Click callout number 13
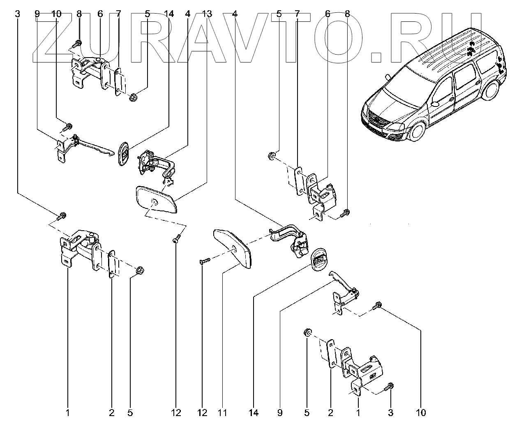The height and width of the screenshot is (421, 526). [207, 14]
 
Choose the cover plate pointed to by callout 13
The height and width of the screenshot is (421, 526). [156, 199]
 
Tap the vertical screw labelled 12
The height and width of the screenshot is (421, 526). [175, 238]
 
